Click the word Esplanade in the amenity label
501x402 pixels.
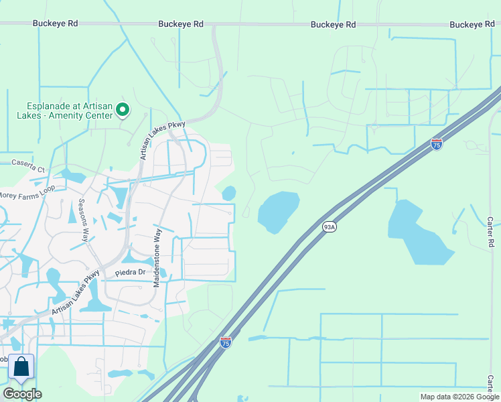48,106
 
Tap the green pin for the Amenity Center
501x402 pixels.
123,109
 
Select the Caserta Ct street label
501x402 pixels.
28,163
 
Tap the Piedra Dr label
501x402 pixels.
130,273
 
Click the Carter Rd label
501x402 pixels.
490,232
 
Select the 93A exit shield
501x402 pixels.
329,226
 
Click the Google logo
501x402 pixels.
22,394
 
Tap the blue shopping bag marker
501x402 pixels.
21,367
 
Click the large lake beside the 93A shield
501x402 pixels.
278,211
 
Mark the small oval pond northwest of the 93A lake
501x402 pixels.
229,193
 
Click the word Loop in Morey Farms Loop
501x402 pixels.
46,189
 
